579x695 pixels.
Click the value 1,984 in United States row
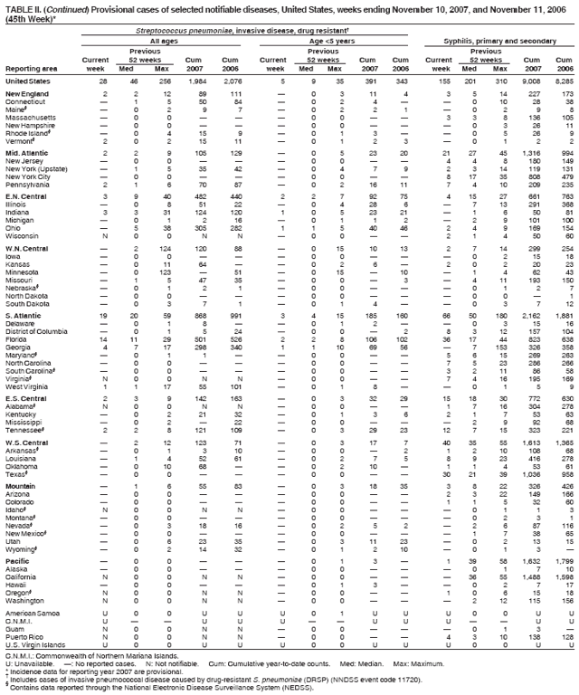pyautogui.click(x=198, y=81)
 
